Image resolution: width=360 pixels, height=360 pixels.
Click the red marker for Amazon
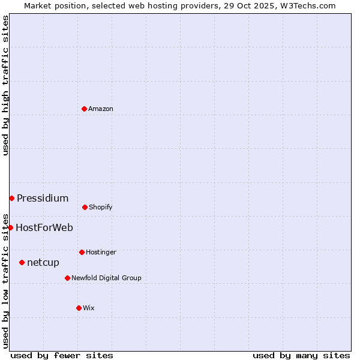point(84,109)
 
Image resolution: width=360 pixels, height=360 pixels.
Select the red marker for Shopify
point(85,207)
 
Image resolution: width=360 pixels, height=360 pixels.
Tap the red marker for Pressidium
point(11,198)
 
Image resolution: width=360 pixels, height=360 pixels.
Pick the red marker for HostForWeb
point(10,227)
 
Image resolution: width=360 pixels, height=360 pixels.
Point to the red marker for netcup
point(22,262)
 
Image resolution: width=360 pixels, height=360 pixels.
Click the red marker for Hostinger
point(82,252)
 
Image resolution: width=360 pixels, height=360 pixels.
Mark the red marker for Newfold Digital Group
point(67,278)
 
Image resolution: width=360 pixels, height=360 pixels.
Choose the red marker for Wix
point(79,308)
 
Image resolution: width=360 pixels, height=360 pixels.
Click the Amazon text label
point(101,109)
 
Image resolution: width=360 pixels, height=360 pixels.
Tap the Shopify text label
point(101,207)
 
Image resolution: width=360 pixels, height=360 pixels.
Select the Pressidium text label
point(43,198)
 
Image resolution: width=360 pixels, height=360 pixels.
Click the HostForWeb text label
point(44,227)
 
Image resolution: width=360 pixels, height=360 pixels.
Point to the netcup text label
point(43,262)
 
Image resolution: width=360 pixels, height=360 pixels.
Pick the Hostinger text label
point(101,252)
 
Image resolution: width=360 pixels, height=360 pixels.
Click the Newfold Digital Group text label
point(106,278)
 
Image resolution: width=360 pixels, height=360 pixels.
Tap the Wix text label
point(89,308)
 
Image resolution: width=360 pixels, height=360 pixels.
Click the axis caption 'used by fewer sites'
point(62,355)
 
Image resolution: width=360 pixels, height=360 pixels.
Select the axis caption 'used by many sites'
point(301,355)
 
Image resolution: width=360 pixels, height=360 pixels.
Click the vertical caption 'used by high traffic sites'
point(5,85)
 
